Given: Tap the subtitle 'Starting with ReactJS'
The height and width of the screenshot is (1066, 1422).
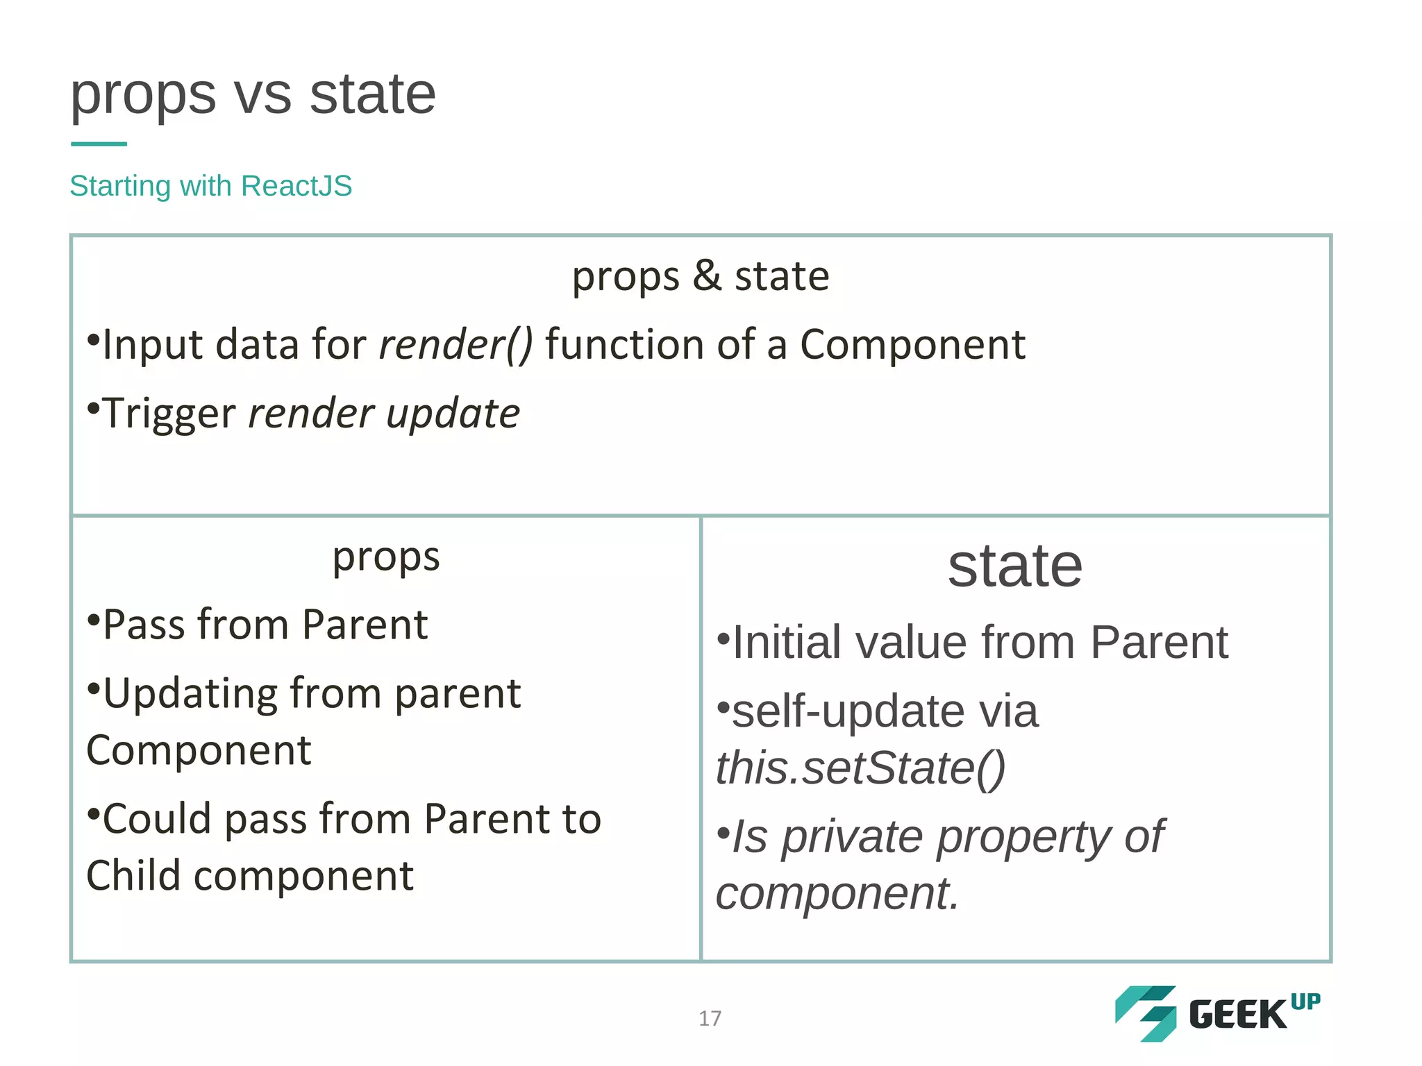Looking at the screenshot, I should tap(211, 186).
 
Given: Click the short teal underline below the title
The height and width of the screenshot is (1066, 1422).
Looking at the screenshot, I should tap(99, 144).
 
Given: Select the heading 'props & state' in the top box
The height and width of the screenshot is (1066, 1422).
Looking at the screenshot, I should tap(701, 276).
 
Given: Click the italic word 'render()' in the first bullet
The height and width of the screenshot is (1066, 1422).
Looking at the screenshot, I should tap(455, 345).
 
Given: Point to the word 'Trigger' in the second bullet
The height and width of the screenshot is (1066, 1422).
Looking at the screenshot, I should tap(169, 414).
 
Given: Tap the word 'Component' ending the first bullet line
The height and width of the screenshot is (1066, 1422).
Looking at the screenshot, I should tap(912, 345).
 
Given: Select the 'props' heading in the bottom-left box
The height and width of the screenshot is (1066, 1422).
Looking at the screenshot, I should tap(386, 557).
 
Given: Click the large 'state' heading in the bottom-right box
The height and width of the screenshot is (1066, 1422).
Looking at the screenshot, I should tap(1014, 566).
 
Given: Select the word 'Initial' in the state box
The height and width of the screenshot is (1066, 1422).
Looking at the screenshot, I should tap(787, 643).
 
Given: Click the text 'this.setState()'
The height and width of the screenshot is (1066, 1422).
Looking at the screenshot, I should tap(860, 768).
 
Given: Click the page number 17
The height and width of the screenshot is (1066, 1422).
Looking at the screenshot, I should tap(710, 1018).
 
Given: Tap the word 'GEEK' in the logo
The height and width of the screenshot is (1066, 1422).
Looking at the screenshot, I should tap(1237, 1015).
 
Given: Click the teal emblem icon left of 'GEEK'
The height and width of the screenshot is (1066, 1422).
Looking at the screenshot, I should tap(1146, 1013).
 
